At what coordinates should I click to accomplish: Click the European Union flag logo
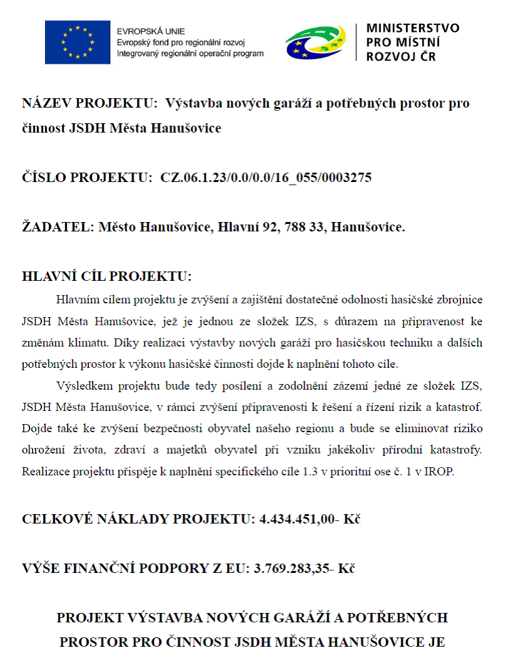coord(78,43)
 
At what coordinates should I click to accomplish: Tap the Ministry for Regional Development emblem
coord(317,43)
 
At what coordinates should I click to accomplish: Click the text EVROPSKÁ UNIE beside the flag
coord(151,31)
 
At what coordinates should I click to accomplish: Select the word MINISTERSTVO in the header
coord(412,28)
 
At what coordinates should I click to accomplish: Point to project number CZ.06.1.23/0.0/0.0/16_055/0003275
coord(266,178)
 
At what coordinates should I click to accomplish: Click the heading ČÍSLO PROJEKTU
coord(87,178)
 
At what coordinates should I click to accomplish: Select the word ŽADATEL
coord(58,227)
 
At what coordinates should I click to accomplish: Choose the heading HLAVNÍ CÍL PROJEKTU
coord(107,276)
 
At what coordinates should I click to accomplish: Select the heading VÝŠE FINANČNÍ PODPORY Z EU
coord(135,569)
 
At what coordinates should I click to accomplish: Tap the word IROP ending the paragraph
coord(440,472)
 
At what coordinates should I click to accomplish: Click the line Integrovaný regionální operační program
coord(190,54)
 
